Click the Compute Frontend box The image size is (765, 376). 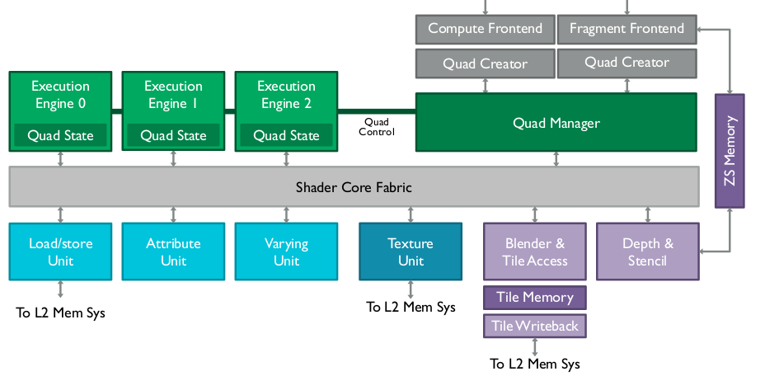tap(485, 29)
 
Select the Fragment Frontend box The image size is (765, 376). tap(627, 29)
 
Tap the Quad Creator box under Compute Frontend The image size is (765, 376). tap(485, 63)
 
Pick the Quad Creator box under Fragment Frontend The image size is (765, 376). tap(627, 63)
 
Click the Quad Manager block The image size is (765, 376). tap(556, 123)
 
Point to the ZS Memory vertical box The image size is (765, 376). tap(730, 150)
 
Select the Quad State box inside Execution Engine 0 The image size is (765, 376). tap(60, 135)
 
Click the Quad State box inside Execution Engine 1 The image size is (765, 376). tap(173, 135)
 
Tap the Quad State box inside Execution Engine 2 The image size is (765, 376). tap(286, 135)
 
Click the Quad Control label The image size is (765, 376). tap(377, 127)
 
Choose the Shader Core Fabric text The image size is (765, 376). tap(354, 187)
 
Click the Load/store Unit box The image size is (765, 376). tap(60, 251)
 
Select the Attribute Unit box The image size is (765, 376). tap(173, 251)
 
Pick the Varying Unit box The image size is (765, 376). tap(286, 251)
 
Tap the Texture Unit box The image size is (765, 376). tap(411, 251)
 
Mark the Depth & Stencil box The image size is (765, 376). tap(647, 251)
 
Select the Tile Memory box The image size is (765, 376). tap(534, 298)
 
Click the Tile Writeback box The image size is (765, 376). tap(534, 326)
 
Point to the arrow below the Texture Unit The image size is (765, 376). tap(411, 289)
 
